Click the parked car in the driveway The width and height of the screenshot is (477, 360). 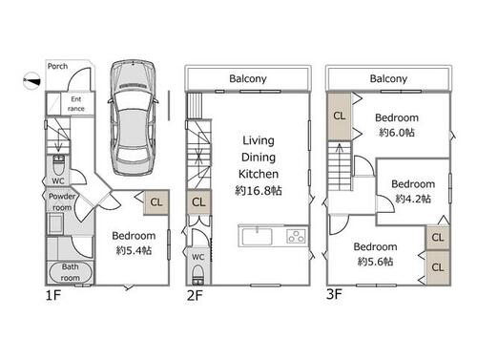tap(133, 117)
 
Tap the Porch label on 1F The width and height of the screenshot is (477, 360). tap(57, 66)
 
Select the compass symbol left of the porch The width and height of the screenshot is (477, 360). tap(31, 81)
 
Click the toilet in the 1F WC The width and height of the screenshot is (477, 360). tap(58, 164)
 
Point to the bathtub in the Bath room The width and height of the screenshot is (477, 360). tap(71, 272)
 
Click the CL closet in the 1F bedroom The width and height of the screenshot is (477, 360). tap(156, 202)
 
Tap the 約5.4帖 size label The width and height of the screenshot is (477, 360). tap(134, 250)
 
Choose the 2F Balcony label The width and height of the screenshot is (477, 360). tap(248, 78)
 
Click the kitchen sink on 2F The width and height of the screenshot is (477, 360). tap(257, 237)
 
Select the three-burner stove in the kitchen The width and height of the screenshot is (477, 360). tap(296, 237)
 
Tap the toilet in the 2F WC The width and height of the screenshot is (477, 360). tap(197, 275)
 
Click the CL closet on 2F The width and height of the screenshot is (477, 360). tap(198, 202)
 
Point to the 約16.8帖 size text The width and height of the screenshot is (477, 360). tap(259, 191)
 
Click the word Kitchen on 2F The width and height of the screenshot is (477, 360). tap(259, 174)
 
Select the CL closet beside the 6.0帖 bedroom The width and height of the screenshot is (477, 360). tap(340, 116)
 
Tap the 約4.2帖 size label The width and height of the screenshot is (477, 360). tap(413, 199)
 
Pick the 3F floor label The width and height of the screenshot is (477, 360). tap(334, 294)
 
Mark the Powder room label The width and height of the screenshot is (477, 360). tap(62, 201)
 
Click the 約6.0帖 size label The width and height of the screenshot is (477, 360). tap(397, 133)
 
